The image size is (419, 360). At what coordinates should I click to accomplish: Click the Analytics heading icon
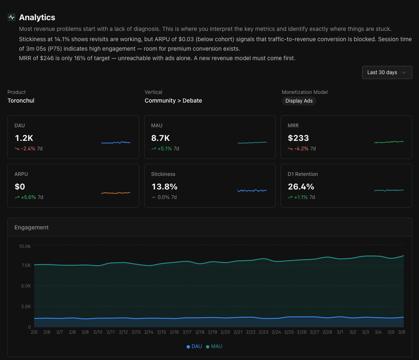click(12, 17)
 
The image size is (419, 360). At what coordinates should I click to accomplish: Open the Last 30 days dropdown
click(387, 72)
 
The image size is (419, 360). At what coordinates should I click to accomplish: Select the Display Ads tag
click(299, 101)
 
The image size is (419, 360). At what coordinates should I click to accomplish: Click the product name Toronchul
click(21, 101)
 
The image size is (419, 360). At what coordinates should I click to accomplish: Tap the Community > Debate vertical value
click(173, 101)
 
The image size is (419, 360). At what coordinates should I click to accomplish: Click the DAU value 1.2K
click(24, 138)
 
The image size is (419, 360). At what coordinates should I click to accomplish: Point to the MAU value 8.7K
click(160, 138)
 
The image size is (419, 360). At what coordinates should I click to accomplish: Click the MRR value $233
click(298, 138)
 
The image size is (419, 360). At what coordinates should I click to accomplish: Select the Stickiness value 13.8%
click(164, 187)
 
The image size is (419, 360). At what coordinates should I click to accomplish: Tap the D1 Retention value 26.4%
click(301, 187)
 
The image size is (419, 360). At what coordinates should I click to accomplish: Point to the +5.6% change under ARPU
click(28, 197)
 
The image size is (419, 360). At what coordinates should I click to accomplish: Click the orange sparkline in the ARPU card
click(116, 193)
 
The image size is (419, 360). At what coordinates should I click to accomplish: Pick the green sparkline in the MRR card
click(389, 142)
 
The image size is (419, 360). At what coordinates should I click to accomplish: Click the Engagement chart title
click(31, 227)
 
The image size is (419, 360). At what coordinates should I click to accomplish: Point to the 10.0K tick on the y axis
click(24, 246)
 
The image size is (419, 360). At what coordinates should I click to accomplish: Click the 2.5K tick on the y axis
click(26, 306)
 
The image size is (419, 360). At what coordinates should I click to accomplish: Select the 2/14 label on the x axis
click(149, 332)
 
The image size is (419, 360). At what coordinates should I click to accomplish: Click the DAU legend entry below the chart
click(194, 346)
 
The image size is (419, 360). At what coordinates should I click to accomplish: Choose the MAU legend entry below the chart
click(214, 346)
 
